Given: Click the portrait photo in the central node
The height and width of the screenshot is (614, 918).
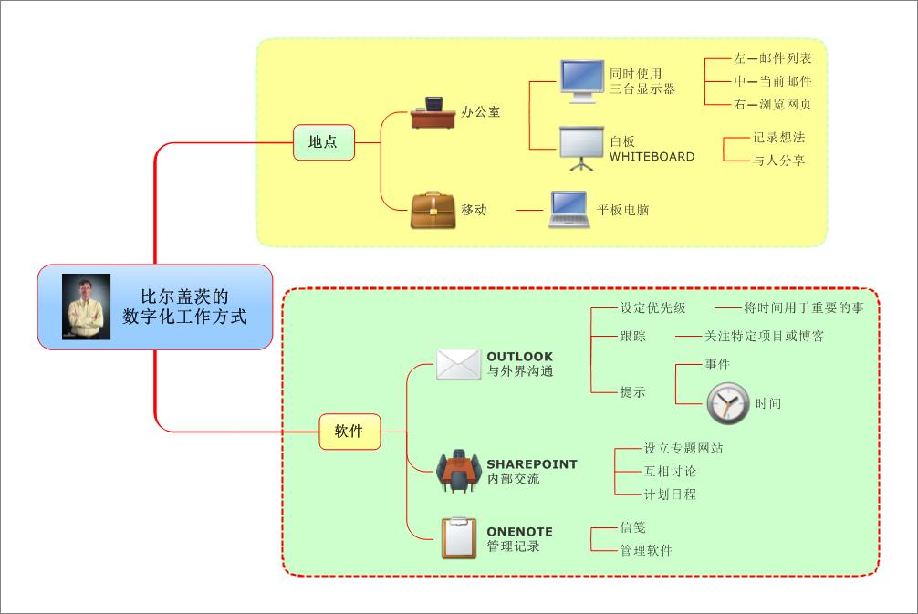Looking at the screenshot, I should pos(87,307).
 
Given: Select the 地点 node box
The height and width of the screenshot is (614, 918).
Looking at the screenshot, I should pos(323,141).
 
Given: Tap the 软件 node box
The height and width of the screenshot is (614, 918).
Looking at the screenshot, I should pos(349,431).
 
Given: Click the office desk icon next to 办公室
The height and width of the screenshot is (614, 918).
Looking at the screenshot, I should pos(433,112).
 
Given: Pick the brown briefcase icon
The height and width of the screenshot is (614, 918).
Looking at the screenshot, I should pos(433,210).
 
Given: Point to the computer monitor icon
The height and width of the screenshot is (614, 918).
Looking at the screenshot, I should pos(581,81).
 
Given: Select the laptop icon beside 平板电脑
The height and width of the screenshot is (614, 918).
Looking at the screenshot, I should pos(569,209).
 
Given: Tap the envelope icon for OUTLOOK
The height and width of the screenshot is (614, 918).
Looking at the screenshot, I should pos(458,363).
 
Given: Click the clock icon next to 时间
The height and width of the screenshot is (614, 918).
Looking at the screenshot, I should pos(727,402).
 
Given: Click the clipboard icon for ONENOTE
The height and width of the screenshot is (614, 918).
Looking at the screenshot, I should pos(458,537).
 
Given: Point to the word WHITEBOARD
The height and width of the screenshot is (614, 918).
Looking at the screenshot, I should pos(652,156).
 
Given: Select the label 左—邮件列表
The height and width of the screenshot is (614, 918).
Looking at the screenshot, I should pos(772,58).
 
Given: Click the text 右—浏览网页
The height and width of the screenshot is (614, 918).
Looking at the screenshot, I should pos(772,104).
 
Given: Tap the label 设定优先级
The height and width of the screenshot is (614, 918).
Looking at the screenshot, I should pos(652,307).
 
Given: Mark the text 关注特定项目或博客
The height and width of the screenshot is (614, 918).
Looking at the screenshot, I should pos(764,336).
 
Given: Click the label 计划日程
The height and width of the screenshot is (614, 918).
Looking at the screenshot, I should pos(670,494).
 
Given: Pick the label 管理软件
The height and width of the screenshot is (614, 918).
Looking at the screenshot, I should pos(645,550).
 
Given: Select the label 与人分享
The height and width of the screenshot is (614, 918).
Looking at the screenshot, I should pos(778,161).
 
